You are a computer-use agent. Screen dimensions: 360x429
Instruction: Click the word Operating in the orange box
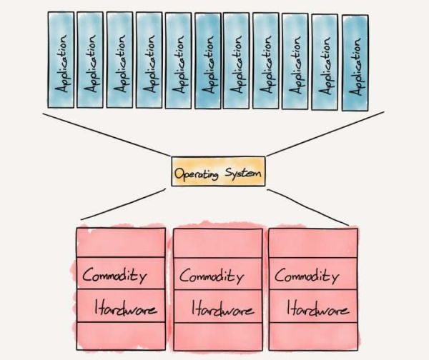pos(196,172)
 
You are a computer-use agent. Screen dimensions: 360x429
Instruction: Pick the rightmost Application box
pos(356,62)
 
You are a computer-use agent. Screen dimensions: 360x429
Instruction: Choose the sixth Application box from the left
pos(207,61)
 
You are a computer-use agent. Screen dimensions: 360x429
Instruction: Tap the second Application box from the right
pos(325,61)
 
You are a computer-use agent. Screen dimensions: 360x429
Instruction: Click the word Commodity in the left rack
pos(114,275)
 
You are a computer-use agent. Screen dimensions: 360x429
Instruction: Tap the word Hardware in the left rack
pos(126,310)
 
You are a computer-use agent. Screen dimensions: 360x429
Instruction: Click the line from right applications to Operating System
pos(325,134)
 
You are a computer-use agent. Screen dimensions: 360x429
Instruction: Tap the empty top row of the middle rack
pos(217,243)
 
